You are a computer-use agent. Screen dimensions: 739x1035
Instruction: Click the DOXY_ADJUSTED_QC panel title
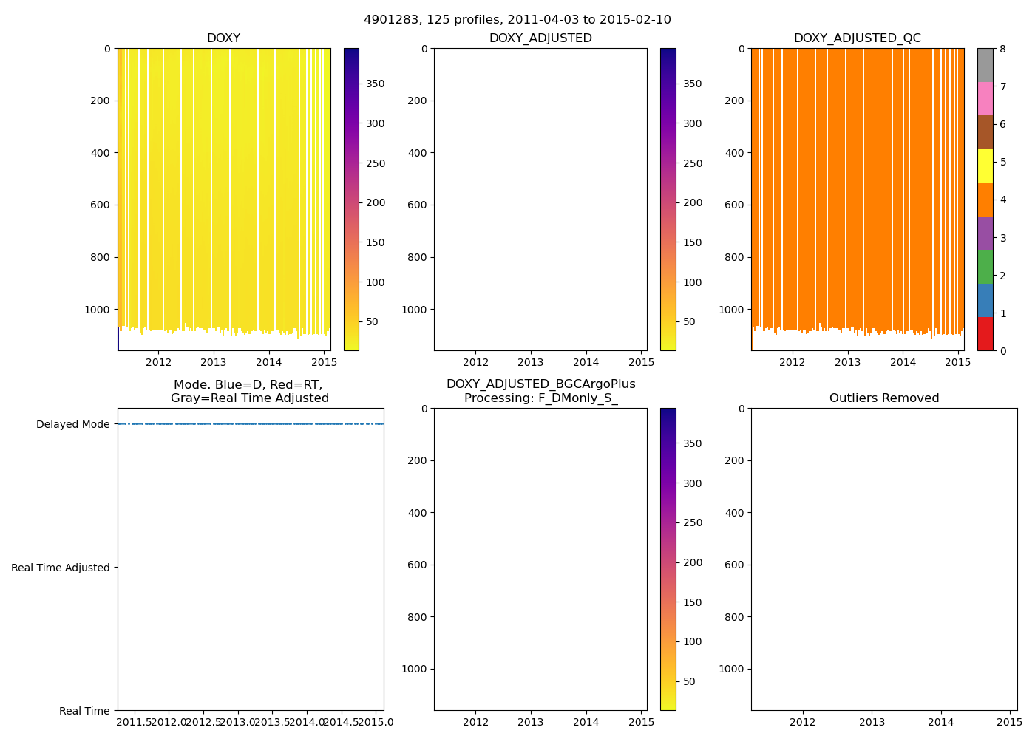click(857, 38)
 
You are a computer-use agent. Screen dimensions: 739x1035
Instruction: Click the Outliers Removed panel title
click(883, 398)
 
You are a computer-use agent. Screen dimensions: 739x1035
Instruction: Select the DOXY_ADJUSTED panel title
click(540, 38)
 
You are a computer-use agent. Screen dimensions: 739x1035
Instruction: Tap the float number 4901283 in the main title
click(387, 20)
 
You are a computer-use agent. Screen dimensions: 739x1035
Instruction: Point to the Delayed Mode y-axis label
click(72, 424)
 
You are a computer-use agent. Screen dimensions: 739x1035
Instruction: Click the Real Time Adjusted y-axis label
click(60, 568)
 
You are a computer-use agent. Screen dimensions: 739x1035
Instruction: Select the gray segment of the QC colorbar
click(985, 65)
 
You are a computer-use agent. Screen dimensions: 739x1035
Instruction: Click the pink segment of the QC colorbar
click(985, 98)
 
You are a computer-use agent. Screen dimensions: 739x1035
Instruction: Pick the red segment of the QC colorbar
click(985, 334)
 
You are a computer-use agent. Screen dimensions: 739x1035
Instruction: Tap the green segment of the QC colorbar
click(985, 267)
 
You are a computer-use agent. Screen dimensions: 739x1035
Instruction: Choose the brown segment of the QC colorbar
click(985, 132)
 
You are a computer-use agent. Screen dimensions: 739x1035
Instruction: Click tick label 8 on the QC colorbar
click(1002, 49)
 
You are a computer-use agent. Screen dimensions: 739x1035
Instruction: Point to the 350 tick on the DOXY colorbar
click(376, 84)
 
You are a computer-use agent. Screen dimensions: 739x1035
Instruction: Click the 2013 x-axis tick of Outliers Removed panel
click(872, 721)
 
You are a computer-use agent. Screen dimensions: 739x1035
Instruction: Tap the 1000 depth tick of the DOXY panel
click(98, 310)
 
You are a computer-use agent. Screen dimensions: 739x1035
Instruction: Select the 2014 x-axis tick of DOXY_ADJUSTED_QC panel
click(903, 362)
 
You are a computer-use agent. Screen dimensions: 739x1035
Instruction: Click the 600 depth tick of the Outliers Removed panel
click(734, 565)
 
